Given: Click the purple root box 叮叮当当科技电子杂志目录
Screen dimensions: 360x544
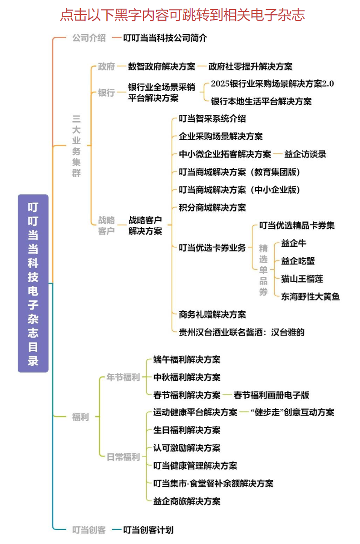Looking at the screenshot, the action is [x=33, y=283].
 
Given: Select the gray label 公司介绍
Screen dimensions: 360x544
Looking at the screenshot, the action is [x=89, y=38].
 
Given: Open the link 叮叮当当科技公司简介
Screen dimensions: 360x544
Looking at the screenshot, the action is [x=165, y=38].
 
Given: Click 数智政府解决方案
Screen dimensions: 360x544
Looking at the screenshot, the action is [x=162, y=66].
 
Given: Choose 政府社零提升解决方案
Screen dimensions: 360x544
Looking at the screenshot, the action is [x=250, y=66].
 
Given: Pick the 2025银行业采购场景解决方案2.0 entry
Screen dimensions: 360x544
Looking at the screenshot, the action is [x=272, y=83].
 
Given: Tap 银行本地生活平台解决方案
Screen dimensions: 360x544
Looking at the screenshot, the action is [x=261, y=101].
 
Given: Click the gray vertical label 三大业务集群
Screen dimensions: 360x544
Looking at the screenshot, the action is [x=76, y=146].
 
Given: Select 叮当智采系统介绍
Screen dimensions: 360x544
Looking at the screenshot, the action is [x=212, y=119].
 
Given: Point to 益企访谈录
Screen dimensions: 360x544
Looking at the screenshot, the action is [x=305, y=154].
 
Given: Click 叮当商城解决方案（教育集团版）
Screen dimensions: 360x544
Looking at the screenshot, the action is [x=239, y=172].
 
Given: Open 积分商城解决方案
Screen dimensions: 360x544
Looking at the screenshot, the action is [x=212, y=207].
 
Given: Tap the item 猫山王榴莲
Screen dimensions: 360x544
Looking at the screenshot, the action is [x=302, y=279].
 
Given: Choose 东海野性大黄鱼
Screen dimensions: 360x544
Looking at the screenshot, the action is [x=311, y=297].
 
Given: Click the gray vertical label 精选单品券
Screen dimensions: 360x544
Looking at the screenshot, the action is [x=263, y=270].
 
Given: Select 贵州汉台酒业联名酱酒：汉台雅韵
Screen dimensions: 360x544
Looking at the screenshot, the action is [x=242, y=333].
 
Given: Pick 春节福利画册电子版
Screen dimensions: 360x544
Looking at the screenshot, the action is [x=271, y=395].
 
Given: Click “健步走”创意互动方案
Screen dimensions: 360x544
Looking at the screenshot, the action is [x=292, y=412].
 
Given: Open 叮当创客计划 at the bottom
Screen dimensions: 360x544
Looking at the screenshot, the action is [x=148, y=530].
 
